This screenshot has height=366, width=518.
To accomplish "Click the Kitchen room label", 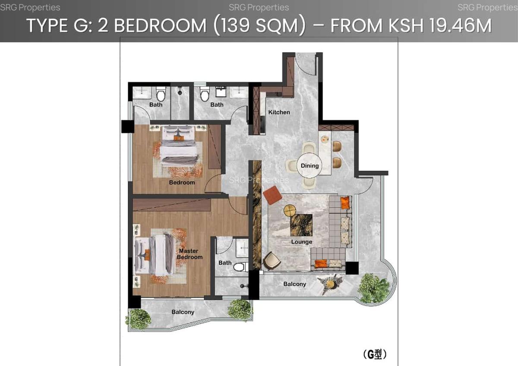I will (279, 112).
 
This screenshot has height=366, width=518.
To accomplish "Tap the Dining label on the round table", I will (310, 166).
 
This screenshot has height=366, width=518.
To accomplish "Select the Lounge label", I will (301, 242).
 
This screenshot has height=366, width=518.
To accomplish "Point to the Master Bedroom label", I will (189, 254).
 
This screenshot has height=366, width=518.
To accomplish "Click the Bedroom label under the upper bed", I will (182, 183).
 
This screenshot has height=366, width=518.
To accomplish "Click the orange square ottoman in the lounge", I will (272, 196).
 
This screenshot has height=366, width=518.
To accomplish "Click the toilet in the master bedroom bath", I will (239, 267).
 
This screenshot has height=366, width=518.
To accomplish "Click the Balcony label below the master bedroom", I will (183, 312).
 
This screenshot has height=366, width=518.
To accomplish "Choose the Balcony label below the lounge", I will (294, 284).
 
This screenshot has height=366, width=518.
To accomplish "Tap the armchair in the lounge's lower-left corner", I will (272, 260).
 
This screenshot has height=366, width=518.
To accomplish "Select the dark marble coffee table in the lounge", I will (301, 224).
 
